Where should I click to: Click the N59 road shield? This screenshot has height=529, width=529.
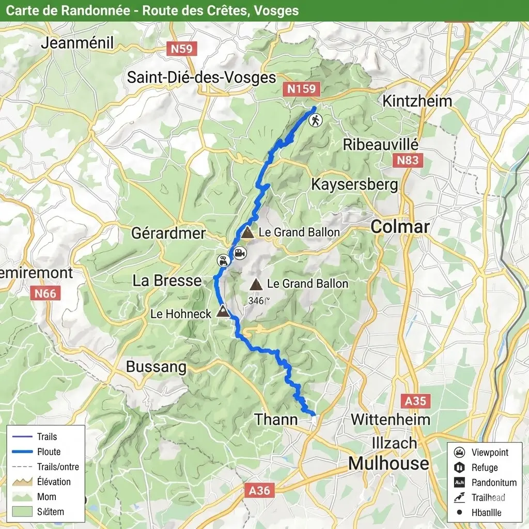coord(181,49)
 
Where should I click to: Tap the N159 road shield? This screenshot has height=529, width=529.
coord(301,89)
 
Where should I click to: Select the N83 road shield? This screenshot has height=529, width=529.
coord(408,160)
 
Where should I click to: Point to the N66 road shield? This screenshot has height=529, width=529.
coord(45,294)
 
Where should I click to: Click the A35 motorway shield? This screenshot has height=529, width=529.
coord(415,401)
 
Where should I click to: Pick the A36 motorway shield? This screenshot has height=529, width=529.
coord(259,490)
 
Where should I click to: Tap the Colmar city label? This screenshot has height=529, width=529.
coord(400,226)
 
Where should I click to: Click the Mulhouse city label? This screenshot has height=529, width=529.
coord(388,463)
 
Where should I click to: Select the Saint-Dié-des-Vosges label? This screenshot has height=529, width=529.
coord(201,77)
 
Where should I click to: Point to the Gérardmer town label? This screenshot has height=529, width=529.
coord(168,233)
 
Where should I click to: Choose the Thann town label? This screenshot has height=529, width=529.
coord(276,419)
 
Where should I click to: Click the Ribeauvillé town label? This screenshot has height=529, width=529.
coord(381,145)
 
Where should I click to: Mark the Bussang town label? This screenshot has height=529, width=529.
coord(156,367)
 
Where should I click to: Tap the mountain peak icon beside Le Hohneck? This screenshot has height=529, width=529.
coord(223,311)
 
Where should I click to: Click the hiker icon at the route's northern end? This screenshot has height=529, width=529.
coord(315,120)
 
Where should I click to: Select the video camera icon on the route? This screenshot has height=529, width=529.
coord(240,253)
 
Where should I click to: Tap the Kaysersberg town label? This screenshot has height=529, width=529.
coord(354,184)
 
